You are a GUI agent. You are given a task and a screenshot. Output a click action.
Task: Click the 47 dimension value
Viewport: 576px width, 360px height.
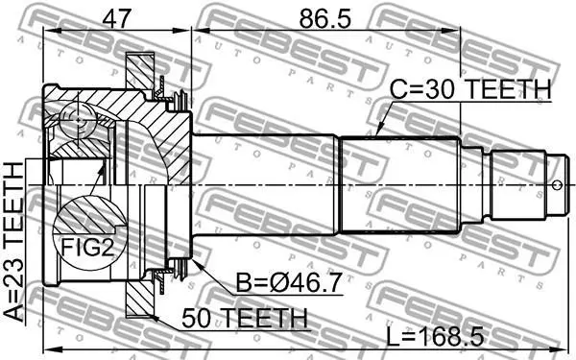[x=116, y=18]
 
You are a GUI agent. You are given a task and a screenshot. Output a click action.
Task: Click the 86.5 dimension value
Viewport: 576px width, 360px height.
[x=325, y=18]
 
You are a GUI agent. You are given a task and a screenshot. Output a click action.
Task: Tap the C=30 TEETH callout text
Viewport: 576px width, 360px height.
[x=470, y=89]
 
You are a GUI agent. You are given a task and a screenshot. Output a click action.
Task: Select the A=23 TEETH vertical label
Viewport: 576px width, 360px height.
[x=14, y=243]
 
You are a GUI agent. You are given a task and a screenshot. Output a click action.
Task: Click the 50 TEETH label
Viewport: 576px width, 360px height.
[x=244, y=318]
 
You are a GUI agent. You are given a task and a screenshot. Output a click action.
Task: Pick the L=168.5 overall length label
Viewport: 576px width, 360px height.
[x=435, y=337]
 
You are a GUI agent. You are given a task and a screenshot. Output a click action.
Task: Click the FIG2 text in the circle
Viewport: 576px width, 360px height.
[x=87, y=248]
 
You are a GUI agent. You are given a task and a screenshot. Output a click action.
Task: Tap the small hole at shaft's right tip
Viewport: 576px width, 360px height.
[x=557, y=184]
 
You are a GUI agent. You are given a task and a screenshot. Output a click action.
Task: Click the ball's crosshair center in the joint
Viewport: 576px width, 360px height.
[x=79, y=120]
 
